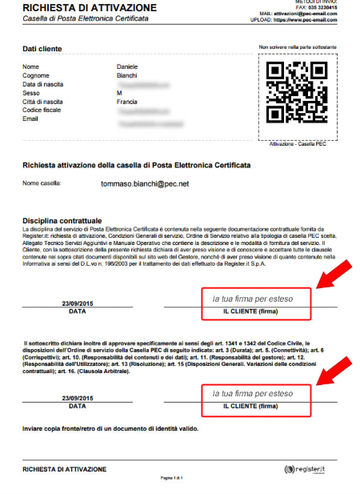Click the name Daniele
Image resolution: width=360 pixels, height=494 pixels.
point(127,66)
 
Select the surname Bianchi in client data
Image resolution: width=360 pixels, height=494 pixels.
point(127,75)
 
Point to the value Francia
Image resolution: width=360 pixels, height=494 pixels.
point(127,102)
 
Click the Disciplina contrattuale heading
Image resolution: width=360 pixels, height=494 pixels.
point(62,219)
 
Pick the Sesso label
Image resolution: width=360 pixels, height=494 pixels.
point(31,93)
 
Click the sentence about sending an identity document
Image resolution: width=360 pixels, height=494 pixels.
point(110,428)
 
